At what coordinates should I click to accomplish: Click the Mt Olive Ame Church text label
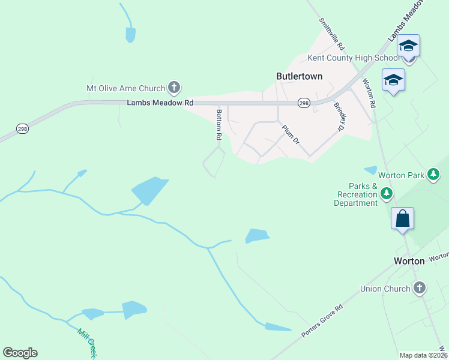coord(125,88)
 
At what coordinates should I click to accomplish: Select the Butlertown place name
coord(299,76)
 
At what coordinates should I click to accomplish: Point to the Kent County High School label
coord(354,58)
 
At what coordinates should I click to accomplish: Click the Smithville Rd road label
coord(332,34)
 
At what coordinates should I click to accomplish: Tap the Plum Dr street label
coord(291,134)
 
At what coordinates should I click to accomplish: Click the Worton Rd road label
coord(369,94)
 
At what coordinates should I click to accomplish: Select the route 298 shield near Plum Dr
coord(304,103)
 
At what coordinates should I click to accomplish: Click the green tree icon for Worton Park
coord(433,175)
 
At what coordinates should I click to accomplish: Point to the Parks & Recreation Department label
coord(357,194)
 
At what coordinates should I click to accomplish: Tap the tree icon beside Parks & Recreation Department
coord(387,193)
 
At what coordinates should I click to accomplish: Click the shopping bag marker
coord(402,218)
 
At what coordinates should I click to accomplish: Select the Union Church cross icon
coord(420,288)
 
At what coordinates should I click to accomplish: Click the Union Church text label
coord(385,289)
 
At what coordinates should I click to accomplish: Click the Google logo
coord(20,353)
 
